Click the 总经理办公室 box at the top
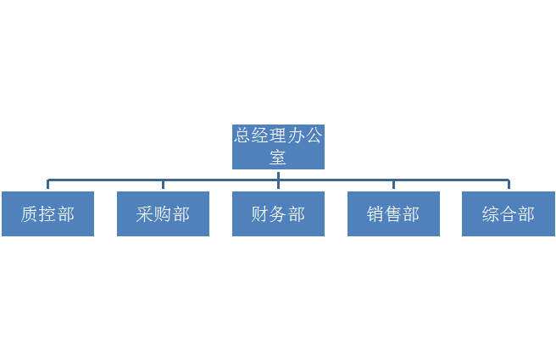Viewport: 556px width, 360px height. [x=278, y=147]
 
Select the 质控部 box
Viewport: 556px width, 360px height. [x=47, y=213]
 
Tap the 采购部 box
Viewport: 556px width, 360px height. [x=163, y=213]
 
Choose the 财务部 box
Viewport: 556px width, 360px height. [x=278, y=213]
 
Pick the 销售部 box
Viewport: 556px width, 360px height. [x=393, y=213]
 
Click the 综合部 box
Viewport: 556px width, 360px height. [x=509, y=213]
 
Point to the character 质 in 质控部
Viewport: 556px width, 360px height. [x=30, y=214]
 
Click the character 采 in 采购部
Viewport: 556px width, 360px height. [x=145, y=214]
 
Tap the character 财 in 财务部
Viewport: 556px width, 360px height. [x=260, y=214]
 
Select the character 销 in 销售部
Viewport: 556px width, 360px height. [x=375, y=214]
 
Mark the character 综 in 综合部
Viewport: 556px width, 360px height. [x=491, y=214]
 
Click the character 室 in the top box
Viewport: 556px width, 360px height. [x=278, y=158]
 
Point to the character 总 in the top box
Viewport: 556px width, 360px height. [x=242, y=136]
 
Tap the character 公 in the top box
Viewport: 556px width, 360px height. [x=314, y=136]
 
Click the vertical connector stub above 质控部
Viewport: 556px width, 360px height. [x=47, y=184]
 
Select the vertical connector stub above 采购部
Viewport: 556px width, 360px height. [x=163, y=185]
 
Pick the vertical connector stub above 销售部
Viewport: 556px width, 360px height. [x=393, y=185]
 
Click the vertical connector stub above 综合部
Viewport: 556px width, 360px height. [x=509, y=184]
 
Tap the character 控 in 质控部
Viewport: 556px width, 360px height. [x=47, y=214]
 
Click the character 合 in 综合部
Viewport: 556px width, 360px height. [x=509, y=214]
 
